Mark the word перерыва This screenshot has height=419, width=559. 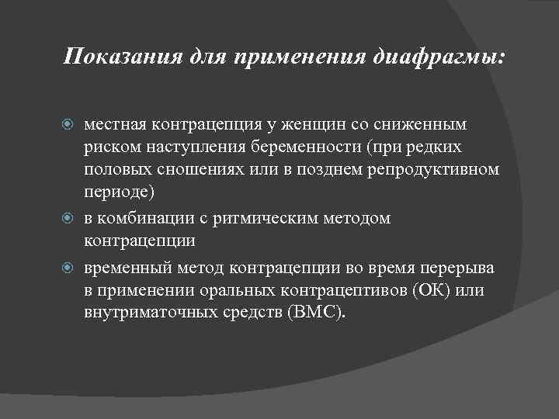462,268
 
